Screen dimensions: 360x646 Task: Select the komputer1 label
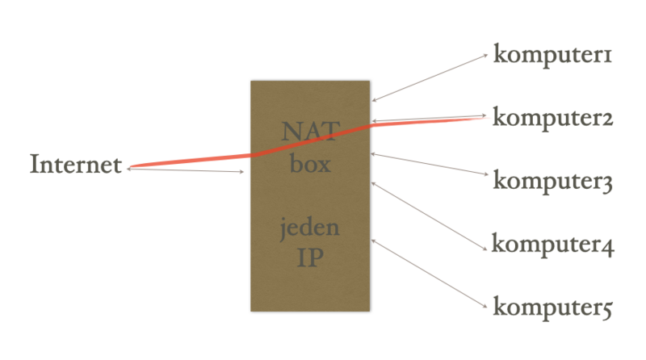click(x=554, y=56)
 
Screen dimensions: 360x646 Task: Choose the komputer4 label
click(x=554, y=244)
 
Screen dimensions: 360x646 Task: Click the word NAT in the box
click(x=309, y=131)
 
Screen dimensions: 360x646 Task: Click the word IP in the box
click(x=309, y=260)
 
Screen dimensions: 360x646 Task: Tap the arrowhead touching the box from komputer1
click(x=375, y=100)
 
